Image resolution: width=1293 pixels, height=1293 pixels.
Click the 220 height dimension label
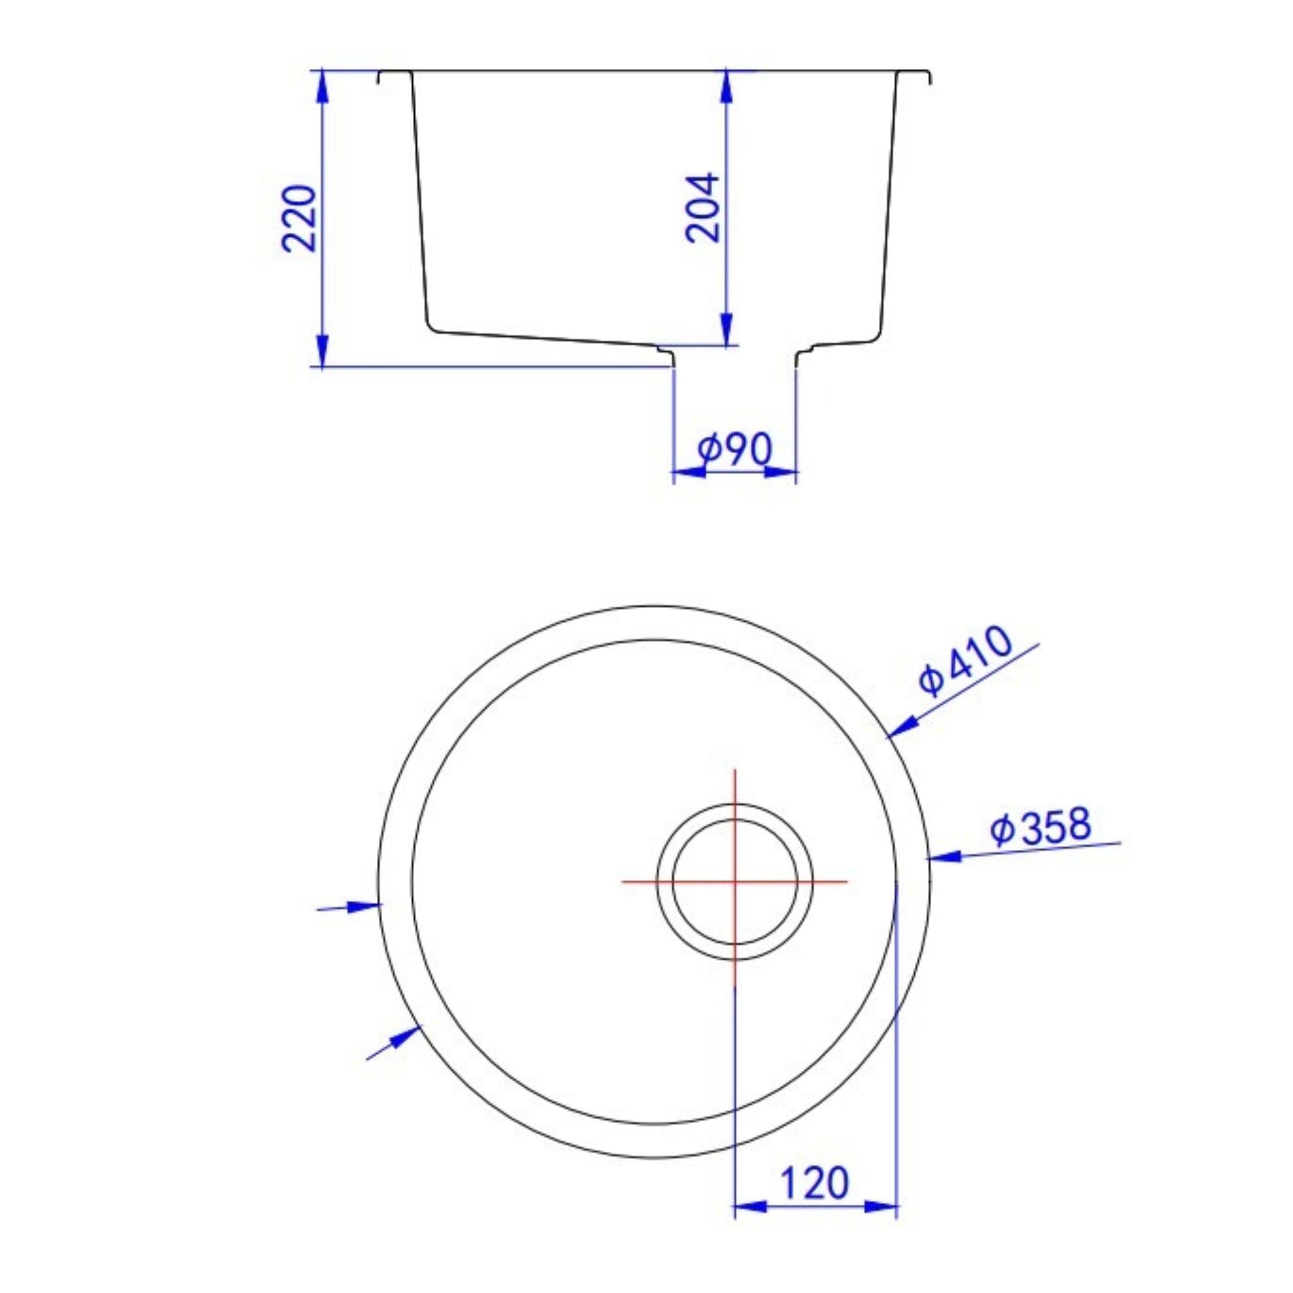(x=299, y=218)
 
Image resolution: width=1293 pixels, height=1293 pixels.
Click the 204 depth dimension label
(x=703, y=208)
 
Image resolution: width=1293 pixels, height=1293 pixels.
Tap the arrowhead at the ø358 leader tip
(x=944, y=856)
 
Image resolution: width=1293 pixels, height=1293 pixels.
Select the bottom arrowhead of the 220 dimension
(x=322, y=350)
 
